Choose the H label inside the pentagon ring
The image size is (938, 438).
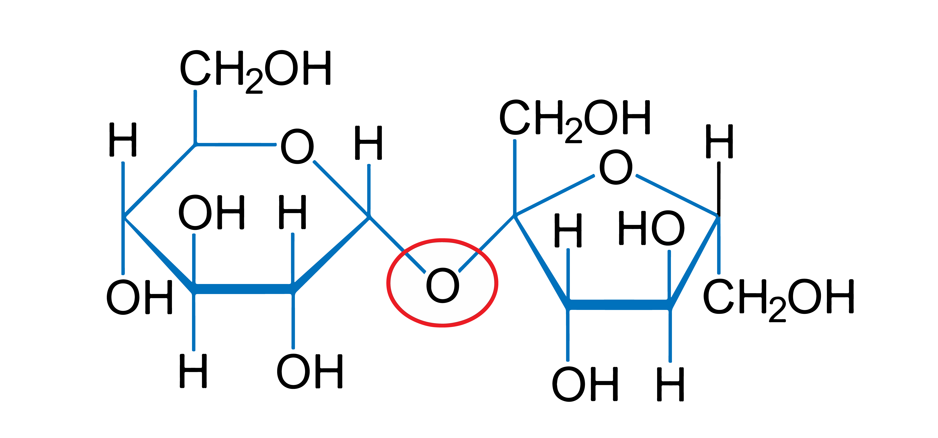568,230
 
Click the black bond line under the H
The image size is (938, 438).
718,189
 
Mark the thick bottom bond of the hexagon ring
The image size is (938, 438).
243,289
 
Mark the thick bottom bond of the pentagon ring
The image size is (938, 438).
619,305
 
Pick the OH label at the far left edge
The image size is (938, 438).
139,297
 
